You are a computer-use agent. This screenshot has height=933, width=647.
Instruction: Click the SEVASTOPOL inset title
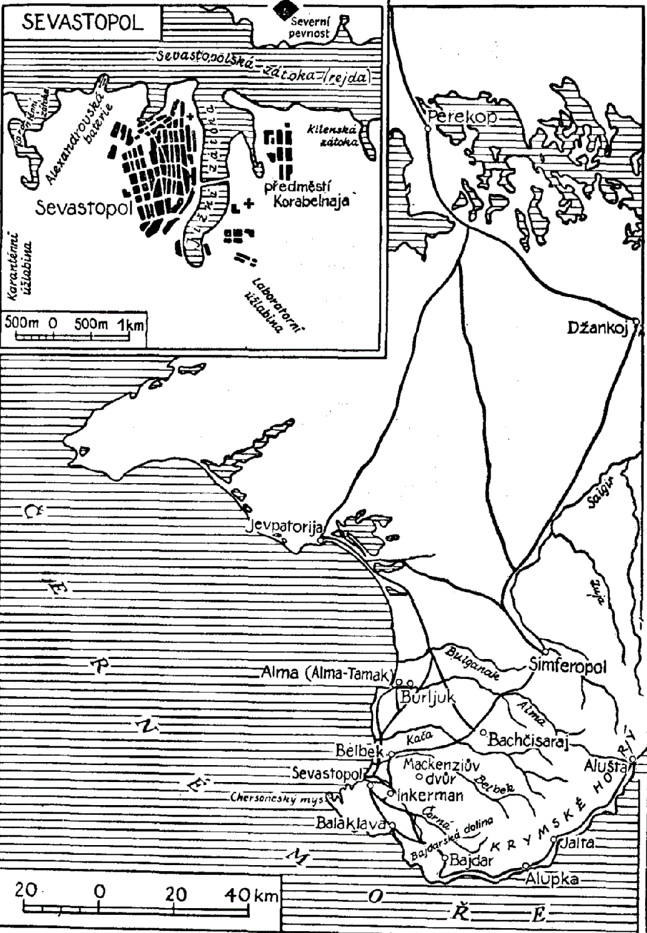point(82,22)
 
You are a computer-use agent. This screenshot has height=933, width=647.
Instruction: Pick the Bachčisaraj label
point(528,739)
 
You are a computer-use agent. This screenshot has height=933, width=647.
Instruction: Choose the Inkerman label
point(430,795)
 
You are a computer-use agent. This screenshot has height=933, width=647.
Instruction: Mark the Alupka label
point(552,879)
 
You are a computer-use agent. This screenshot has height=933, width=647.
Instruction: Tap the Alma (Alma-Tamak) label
point(325,673)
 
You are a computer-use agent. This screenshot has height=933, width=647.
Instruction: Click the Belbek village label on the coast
point(359,751)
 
